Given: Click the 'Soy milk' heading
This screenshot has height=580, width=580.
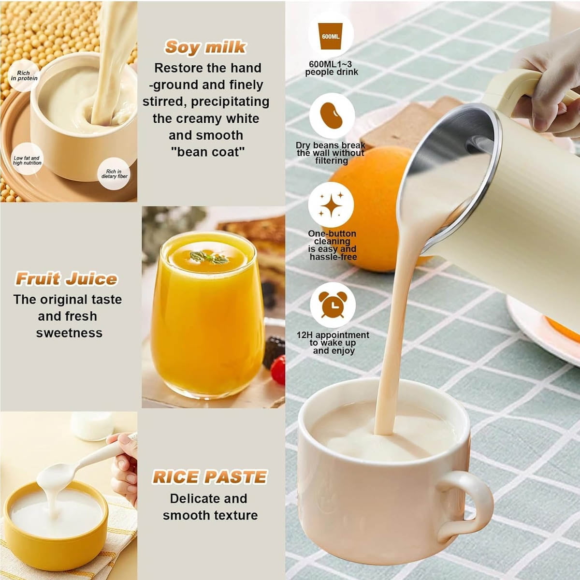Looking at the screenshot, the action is coord(205,47).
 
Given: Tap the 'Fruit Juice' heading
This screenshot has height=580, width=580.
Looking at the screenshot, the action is coord(66,279).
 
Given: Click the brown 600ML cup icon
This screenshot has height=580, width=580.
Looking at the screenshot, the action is coord(331,36).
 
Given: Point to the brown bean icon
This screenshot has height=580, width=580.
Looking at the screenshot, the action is coord(331,116).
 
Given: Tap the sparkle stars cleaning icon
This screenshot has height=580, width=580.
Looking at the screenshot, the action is coord(331,204).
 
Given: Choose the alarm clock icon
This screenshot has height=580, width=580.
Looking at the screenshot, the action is coord(333,304).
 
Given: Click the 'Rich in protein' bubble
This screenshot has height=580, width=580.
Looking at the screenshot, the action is coord(24,75).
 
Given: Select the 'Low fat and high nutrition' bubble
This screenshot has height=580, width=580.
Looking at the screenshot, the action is coord(27,160).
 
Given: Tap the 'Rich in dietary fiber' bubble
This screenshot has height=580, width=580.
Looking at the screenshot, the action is coord(114,174).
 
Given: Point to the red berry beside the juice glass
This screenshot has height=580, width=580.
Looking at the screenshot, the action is coord(278,369).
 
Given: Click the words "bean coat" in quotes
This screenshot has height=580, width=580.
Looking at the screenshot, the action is coord(208,152).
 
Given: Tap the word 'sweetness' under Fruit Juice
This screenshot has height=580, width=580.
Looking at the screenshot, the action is coord(69,333).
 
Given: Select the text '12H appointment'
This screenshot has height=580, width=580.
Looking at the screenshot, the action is coord(333,335).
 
